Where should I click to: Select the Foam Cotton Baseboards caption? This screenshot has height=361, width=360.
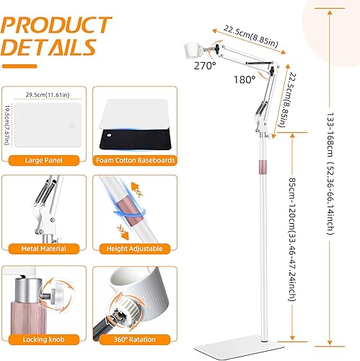[x=136, y=160]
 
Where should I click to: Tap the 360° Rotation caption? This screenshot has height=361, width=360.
[x=136, y=339]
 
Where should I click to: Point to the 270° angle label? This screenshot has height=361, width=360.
[x=205, y=65]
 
